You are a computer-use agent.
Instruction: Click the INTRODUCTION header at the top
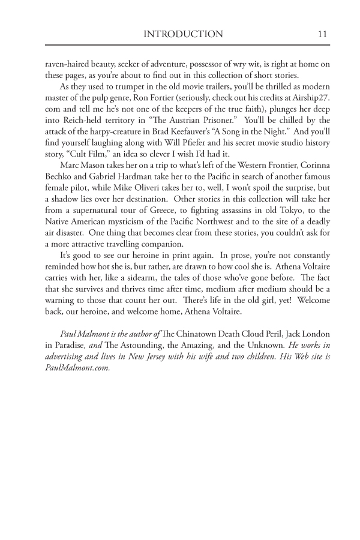tap(184, 34)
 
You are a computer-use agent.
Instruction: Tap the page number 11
tap(322, 34)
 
